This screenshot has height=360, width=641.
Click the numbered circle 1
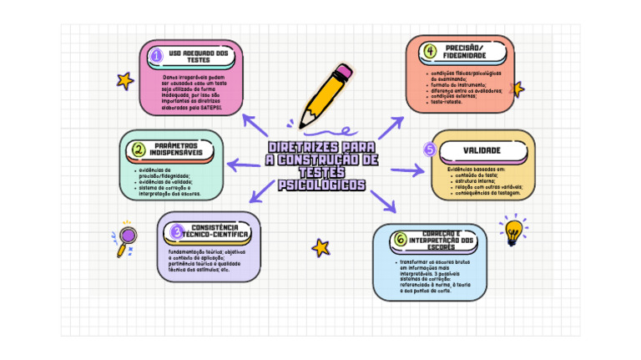[156, 56]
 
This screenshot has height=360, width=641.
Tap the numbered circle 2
[138, 150]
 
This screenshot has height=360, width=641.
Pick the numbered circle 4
[430, 51]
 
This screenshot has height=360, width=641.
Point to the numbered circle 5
[430, 150]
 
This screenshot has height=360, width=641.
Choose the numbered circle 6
[401, 240]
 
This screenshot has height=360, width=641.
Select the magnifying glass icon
[127, 238]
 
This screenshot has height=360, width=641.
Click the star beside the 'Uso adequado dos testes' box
[125, 80]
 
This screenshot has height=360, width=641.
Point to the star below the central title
[320, 247]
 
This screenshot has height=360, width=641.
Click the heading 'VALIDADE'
[482, 150]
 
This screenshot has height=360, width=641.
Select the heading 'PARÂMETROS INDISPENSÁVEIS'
[180, 150]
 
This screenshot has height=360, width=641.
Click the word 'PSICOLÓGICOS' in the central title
[321, 185]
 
